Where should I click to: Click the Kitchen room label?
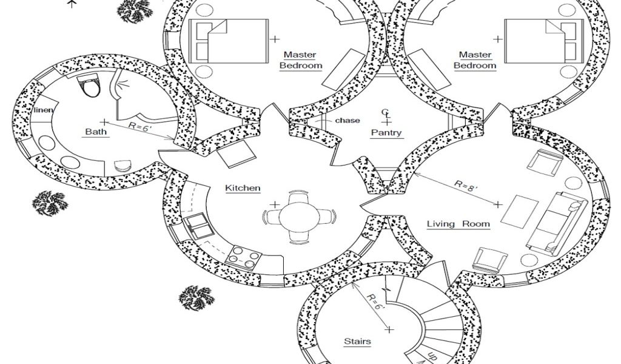(243, 188)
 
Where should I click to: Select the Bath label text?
(96, 131)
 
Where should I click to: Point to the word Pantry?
(386, 132)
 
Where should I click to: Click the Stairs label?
(357, 342)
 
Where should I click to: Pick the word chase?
(347, 120)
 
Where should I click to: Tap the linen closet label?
(44, 110)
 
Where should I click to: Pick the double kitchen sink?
(198, 226)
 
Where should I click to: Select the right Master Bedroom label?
(475, 60)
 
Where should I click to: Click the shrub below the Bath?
(49, 201)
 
